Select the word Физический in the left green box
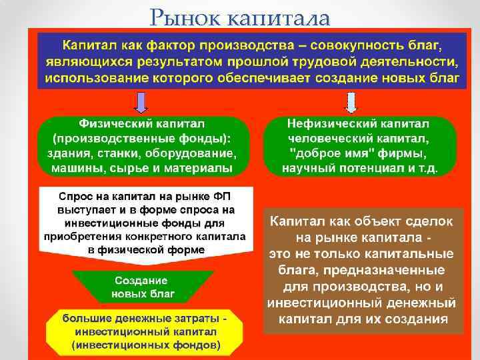(x=111, y=125)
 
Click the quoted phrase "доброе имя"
(x=319, y=154)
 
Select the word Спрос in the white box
(x=75, y=198)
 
